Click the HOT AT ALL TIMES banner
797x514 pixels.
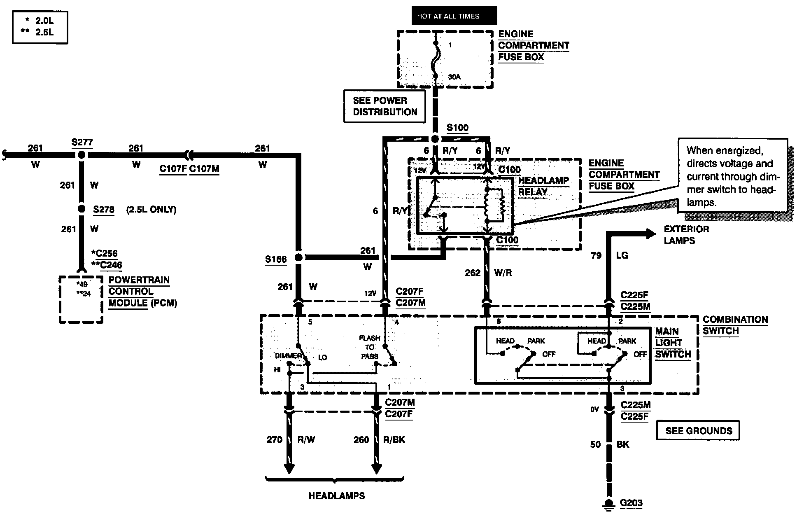pyautogui.click(x=454, y=16)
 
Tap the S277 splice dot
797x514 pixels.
pyautogui.click(x=82, y=155)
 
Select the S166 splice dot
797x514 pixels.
pyautogui.click(x=299, y=257)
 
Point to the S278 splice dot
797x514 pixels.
pyautogui.click(x=82, y=209)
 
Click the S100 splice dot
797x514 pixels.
pyautogui.click(x=435, y=139)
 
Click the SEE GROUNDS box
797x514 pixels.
pyautogui.click(x=698, y=431)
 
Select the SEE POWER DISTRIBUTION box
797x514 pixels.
pyautogui.click(x=385, y=106)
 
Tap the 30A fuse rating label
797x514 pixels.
pyautogui.click(x=454, y=77)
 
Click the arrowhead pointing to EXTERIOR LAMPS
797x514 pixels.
pyautogui.click(x=650, y=234)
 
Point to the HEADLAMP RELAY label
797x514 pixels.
pyautogui.click(x=543, y=186)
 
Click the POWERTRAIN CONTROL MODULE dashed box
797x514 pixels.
pyautogui.click(x=81, y=299)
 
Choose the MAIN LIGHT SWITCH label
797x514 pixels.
pyautogui.click(x=673, y=343)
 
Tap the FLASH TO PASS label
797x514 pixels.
pyautogui.click(x=369, y=347)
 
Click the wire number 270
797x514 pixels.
pyautogui.click(x=275, y=440)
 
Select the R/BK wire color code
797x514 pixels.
pyautogui.click(x=394, y=440)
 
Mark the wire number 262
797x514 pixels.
pyautogui.click(x=473, y=273)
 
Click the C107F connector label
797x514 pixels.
pyautogui.click(x=173, y=169)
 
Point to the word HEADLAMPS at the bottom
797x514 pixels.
pyautogui.click(x=337, y=496)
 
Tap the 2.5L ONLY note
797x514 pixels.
pyautogui.click(x=151, y=210)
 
